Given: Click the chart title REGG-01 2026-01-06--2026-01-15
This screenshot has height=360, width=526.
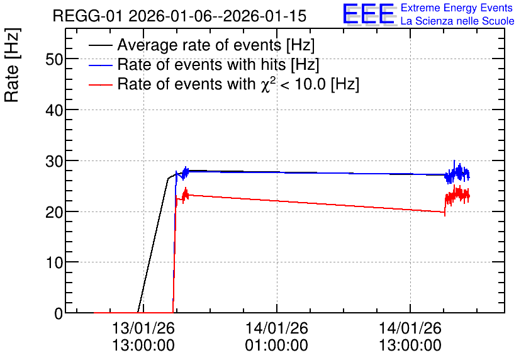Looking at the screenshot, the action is [x=179, y=16].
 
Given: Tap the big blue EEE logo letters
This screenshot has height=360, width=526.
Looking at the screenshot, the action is [x=369, y=14].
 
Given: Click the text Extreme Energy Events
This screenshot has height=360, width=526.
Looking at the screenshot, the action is [x=457, y=8].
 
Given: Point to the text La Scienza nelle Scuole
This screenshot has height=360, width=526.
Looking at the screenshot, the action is [x=457, y=21].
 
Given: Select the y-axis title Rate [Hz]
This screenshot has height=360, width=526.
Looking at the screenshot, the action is [x=12, y=65].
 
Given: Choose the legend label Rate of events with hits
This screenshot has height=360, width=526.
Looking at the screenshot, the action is [x=218, y=64].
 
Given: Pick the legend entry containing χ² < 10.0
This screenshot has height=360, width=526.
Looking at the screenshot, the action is [x=238, y=84].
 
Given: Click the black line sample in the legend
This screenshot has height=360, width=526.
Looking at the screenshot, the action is [x=100, y=45].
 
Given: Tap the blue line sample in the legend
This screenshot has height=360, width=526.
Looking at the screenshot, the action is [x=100, y=65].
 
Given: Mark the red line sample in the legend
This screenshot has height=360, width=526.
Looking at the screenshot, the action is [x=100, y=84].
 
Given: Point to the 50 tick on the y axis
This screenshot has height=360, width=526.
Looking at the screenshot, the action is [x=54, y=59].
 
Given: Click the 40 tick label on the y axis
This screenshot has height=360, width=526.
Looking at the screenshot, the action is [x=54, y=110].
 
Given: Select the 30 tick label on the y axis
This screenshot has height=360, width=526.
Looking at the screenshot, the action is [x=54, y=161].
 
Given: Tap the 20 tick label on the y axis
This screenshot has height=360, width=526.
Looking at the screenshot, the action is [x=54, y=212].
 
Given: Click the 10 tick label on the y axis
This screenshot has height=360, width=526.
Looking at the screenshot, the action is [x=54, y=262].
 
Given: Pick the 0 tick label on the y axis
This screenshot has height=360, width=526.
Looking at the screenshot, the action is [x=59, y=313].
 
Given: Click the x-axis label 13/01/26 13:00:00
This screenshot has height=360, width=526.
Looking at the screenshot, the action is [x=143, y=337].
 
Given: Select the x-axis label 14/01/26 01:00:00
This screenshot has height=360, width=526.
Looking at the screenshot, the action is [x=276, y=337].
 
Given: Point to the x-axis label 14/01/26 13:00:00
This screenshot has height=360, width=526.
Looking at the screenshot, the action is [x=410, y=337].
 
